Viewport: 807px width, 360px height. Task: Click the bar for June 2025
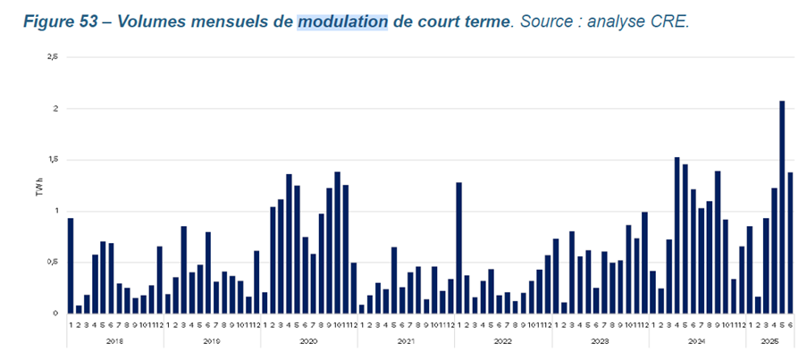pyautogui.click(x=790, y=242)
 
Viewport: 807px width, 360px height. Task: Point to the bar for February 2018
pyautogui.click(x=79, y=309)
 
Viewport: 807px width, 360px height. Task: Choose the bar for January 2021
pyautogui.click(x=362, y=309)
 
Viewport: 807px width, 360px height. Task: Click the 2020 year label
pyautogui.click(x=308, y=341)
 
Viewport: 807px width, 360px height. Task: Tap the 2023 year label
pyautogui.click(x=600, y=341)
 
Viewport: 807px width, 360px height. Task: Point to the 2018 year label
pyautogui.click(x=114, y=341)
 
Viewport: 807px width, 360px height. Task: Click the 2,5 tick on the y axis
pyautogui.click(x=53, y=57)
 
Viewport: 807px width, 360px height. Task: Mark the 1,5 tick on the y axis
pyautogui.click(x=53, y=160)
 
